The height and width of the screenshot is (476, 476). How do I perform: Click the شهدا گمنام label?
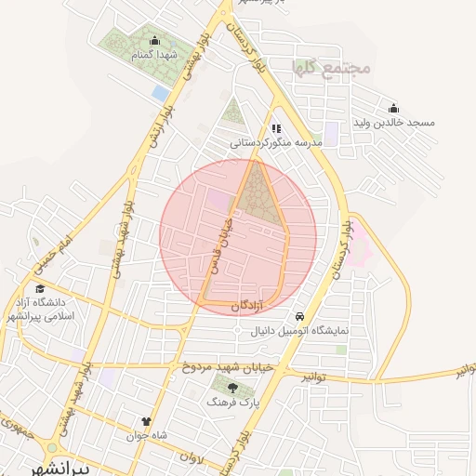point(153,56)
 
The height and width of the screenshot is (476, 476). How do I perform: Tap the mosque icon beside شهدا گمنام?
point(154,40)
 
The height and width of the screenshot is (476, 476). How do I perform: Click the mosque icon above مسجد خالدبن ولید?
point(393,108)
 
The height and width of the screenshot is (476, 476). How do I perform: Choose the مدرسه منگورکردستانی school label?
point(276,143)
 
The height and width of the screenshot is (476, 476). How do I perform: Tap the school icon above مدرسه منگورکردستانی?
point(275,128)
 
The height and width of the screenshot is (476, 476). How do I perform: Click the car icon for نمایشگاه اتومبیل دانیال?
point(299,316)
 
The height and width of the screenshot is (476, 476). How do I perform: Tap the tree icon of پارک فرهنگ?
point(231,387)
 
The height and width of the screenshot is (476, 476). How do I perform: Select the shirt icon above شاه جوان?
point(145,421)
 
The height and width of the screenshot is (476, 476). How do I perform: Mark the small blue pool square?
point(161,94)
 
